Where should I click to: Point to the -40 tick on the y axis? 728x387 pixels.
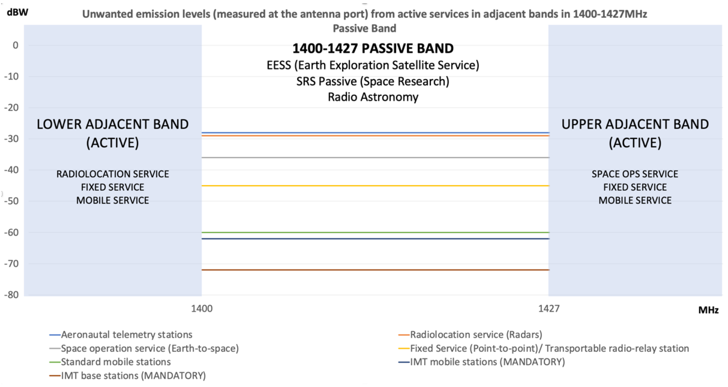(11, 170)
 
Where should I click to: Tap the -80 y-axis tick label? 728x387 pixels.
(11, 295)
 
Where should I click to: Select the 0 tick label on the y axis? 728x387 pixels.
(15, 45)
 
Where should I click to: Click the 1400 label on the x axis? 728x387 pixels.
(202, 309)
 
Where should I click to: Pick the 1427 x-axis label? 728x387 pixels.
(548, 309)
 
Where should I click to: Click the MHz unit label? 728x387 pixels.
(708, 310)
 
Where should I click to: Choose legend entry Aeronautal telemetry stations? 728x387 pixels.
(126, 335)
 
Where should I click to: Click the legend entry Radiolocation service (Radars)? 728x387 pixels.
(476, 335)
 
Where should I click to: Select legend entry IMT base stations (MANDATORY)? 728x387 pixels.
(133, 376)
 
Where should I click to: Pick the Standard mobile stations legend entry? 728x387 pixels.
(116, 362)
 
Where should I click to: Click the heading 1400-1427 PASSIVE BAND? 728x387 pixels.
(373, 48)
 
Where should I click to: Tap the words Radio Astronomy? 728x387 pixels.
(373, 97)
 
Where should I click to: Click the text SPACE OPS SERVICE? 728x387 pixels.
(635, 174)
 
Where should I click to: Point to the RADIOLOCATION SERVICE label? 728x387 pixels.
(112, 174)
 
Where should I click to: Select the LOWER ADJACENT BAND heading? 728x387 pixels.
(112, 124)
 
